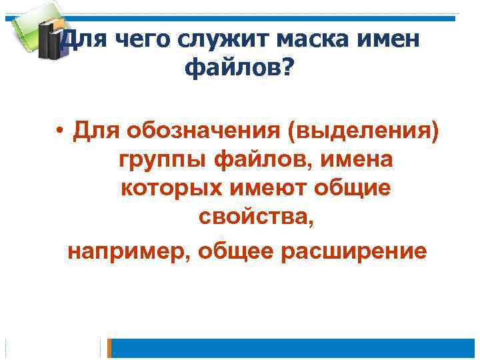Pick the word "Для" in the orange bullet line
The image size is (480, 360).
tap(95, 129)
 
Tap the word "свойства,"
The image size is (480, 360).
tap(256, 220)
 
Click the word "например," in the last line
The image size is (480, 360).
tap(128, 251)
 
